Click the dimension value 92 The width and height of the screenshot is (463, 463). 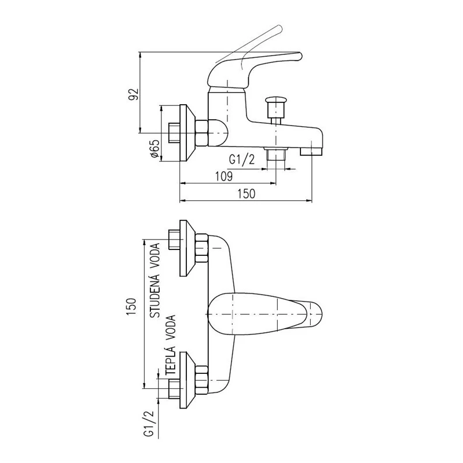[x=133, y=94]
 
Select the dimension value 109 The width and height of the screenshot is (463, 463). [x=224, y=177]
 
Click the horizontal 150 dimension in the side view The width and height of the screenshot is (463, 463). [x=247, y=194]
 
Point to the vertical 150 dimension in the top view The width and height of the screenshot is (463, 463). [x=131, y=306]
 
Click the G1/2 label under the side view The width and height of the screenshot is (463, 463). [x=241, y=160]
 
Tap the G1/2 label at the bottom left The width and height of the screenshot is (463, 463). [x=149, y=424]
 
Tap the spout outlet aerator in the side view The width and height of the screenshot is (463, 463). [x=311, y=151]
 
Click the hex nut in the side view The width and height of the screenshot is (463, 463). [x=201, y=133]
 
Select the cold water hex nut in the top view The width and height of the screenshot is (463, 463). [x=201, y=248]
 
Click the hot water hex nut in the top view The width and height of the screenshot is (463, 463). [x=201, y=380]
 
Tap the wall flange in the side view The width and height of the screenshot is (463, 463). [x=187, y=133]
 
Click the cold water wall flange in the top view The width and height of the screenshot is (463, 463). [x=187, y=248]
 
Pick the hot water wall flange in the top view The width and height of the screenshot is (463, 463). [x=187, y=380]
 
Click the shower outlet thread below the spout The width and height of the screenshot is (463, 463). [x=277, y=154]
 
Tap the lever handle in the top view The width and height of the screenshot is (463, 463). [x=264, y=314]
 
